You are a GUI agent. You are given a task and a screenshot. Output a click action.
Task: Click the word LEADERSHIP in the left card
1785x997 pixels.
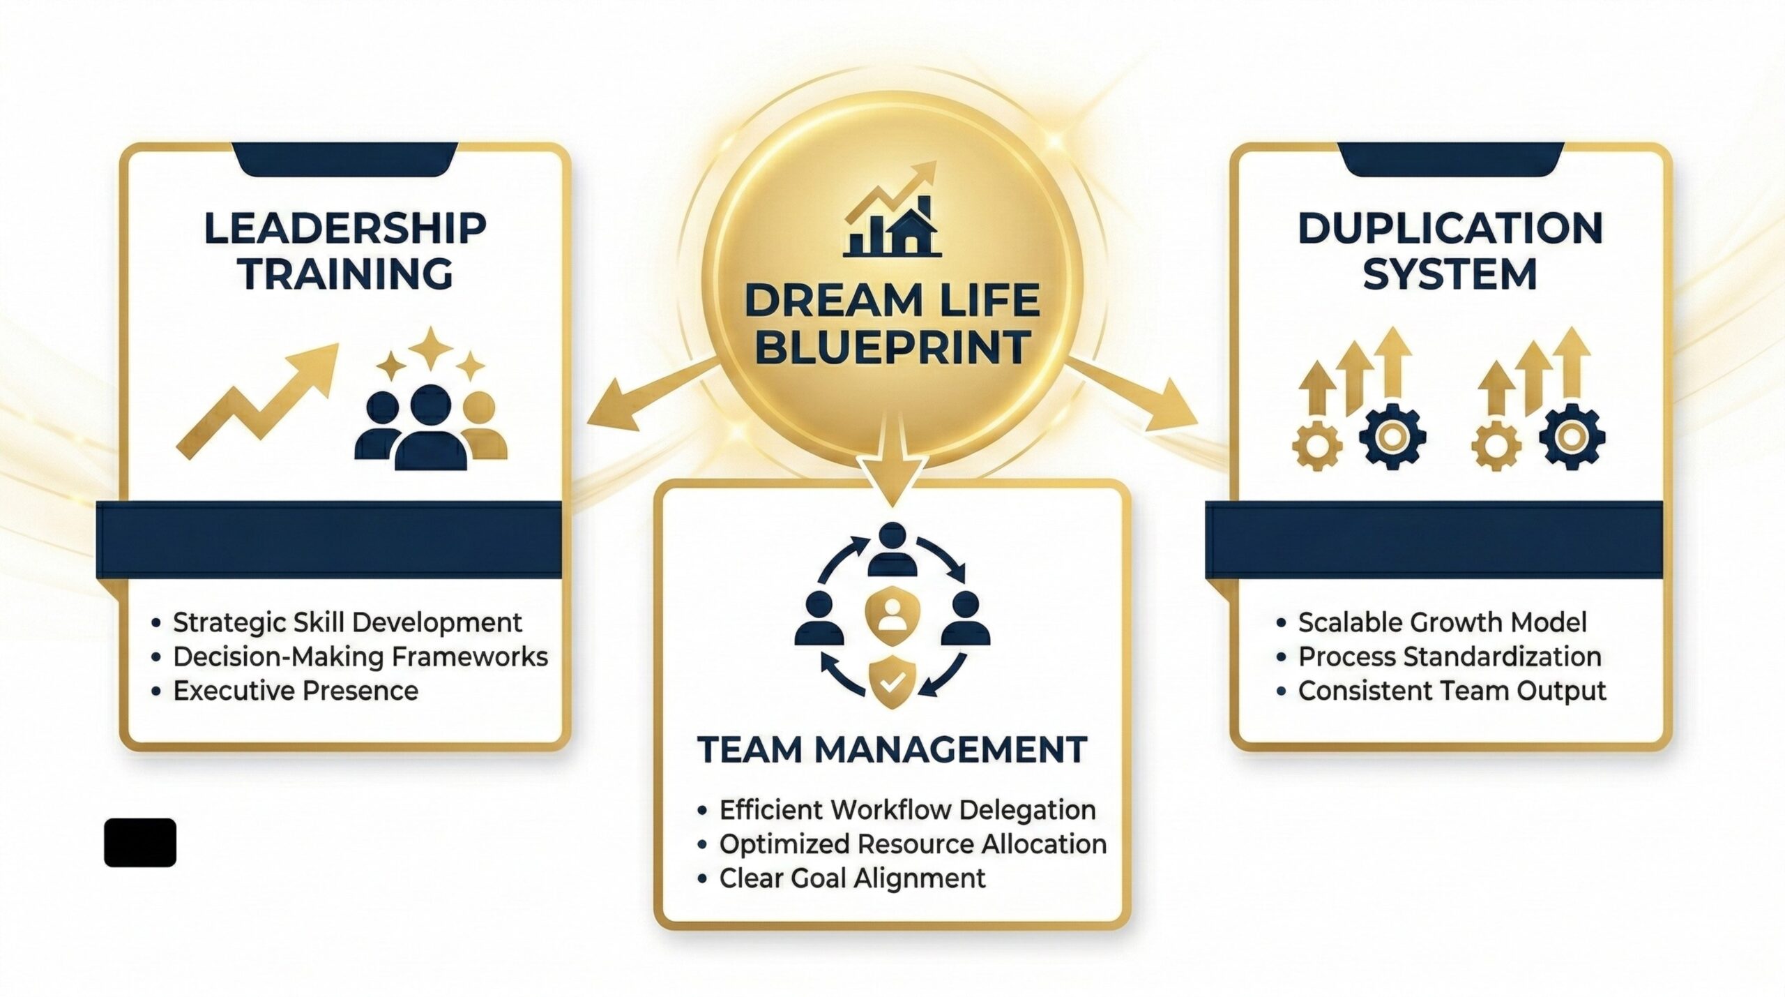[345, 229]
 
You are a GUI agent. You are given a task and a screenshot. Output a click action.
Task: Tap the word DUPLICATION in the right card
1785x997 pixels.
[1450, 229]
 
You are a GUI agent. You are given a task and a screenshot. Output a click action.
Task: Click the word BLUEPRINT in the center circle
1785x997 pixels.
[892, 346]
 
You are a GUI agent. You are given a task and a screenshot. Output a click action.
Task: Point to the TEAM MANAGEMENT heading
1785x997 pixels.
[892, 749]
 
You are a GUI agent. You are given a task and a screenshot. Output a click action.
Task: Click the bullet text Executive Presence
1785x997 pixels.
[296, 691]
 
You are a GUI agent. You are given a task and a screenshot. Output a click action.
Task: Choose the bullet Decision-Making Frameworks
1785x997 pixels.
[360, 657]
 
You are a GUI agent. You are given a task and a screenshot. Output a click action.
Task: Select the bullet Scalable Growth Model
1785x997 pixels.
[1442, 622]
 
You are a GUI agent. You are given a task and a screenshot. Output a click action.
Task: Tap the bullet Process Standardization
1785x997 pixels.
[1450, 657]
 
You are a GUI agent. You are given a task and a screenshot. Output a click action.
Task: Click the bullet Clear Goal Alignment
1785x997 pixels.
[853, 878]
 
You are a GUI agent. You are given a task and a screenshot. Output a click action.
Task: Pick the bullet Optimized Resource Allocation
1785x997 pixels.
[913, 844]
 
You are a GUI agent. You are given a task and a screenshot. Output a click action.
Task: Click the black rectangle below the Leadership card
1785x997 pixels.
[140, 843]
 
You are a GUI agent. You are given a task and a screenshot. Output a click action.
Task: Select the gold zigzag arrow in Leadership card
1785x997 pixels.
[257, 400]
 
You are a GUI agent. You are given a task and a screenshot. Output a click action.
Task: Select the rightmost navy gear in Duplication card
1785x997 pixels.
[1572, 436]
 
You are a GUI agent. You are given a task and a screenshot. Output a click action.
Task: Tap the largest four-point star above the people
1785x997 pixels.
[430, 348]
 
